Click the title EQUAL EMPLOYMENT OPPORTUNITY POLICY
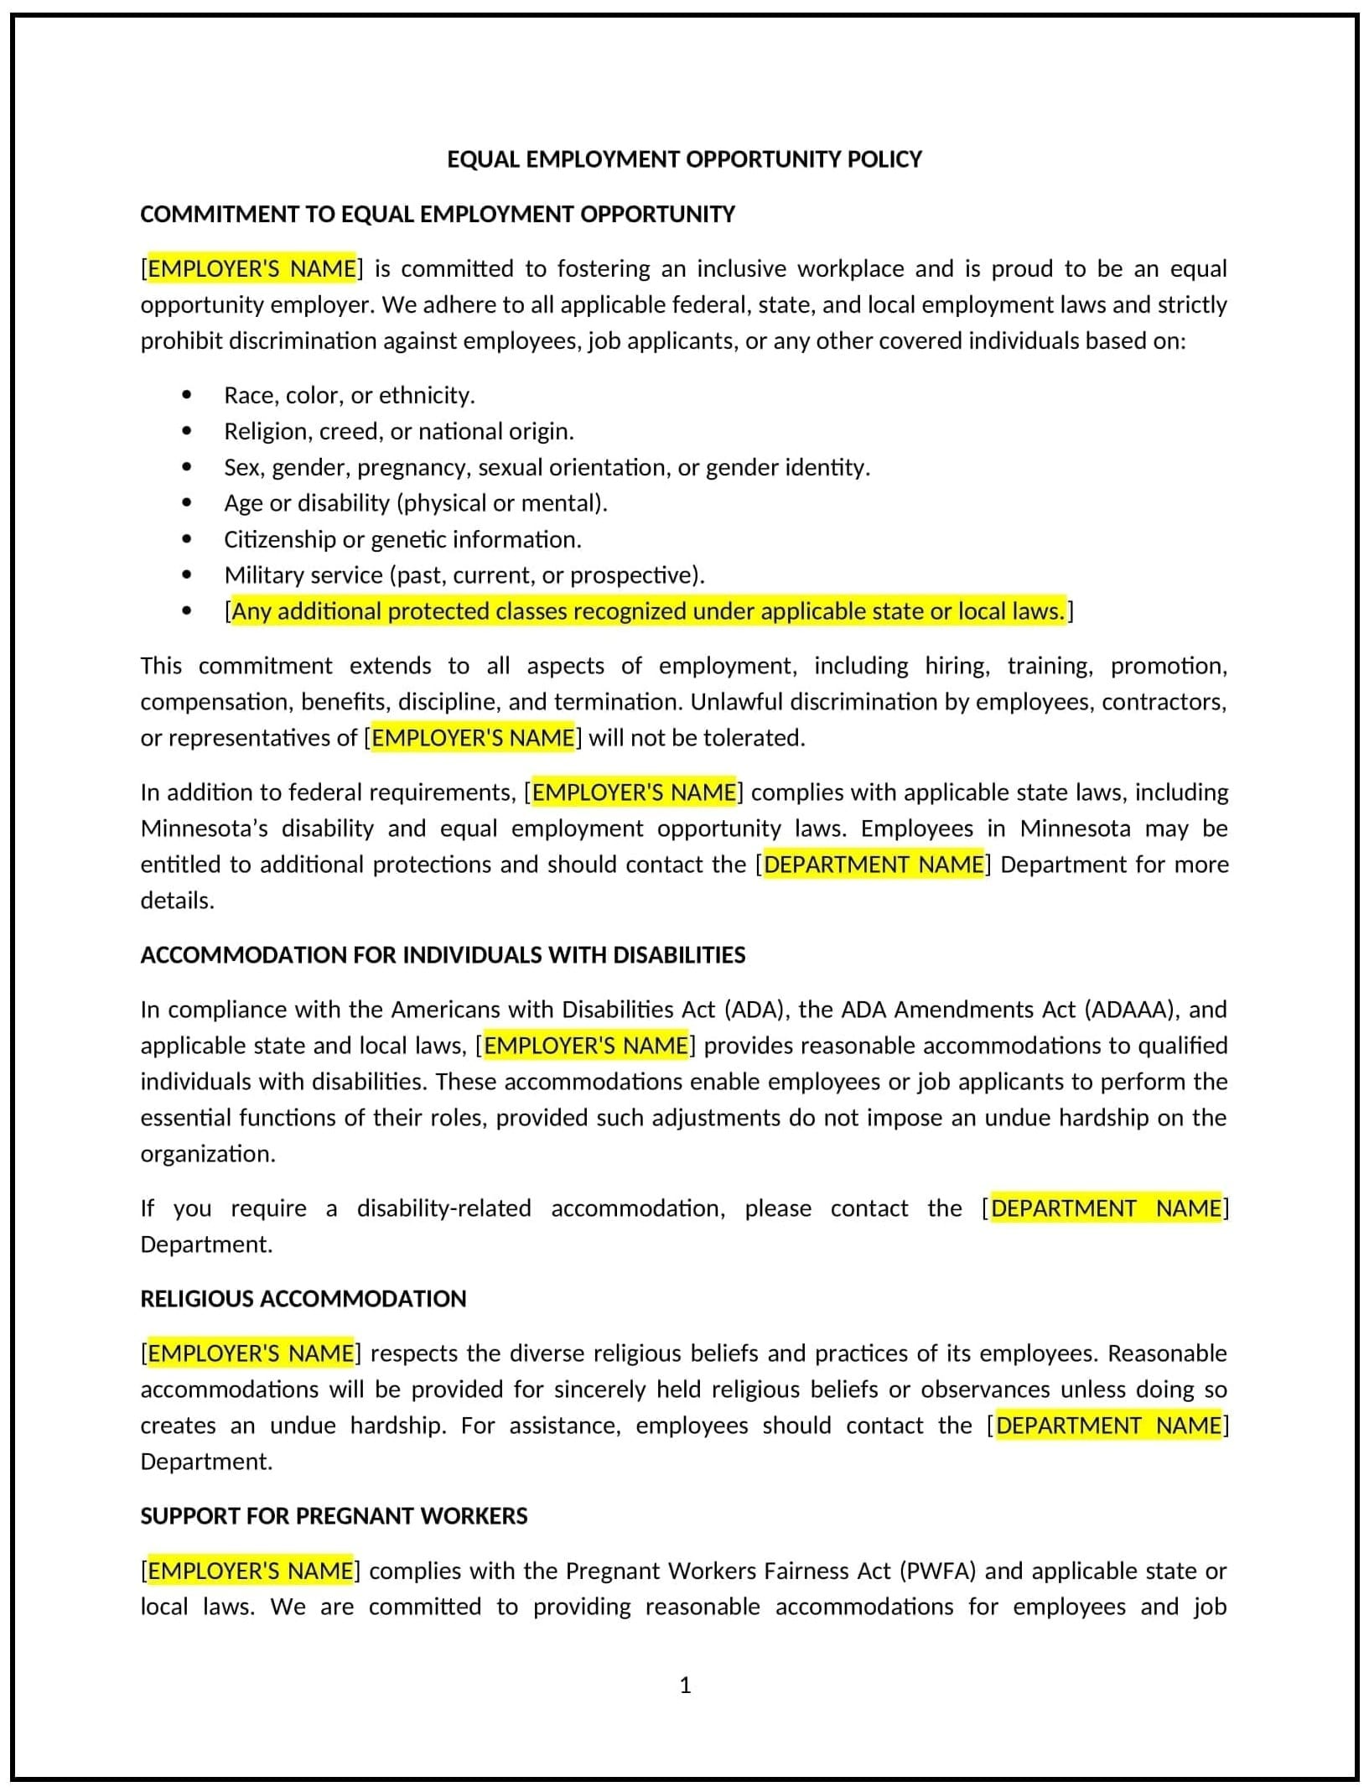coord(684,159)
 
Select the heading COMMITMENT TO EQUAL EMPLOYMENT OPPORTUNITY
coord(437,215)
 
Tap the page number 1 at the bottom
coord(685,1685)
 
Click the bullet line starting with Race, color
coord(349,395)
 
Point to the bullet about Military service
coord(464,575)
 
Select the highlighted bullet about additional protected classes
coord(648,611)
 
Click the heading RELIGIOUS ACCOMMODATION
coord(303,1299)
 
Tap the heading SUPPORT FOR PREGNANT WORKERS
coord(334,1516)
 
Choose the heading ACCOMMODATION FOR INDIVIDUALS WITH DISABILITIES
coord(443,955)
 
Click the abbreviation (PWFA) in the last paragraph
coord(937,1571)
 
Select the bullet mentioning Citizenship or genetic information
coord(402,539)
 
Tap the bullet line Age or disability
coord(415,503)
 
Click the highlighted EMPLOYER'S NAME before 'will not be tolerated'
coord(473,738)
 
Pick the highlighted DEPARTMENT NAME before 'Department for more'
coord(874,865)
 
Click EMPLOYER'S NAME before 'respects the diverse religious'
coord(251,1353)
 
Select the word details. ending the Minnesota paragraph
coord(177,901)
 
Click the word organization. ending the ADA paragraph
coord(208,1154)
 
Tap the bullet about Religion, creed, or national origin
coord(398,431)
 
